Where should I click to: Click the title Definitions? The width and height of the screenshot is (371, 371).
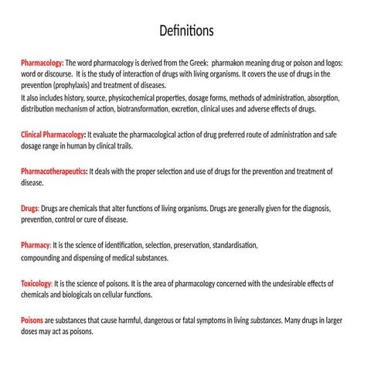pos(185,32)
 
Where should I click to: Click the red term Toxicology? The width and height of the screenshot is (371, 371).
pos(36,284)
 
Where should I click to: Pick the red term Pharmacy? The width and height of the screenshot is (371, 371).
pos(35,246)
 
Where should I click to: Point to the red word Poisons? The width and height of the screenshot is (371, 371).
pos(32,320)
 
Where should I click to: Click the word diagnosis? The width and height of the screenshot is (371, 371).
pos(314,209)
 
